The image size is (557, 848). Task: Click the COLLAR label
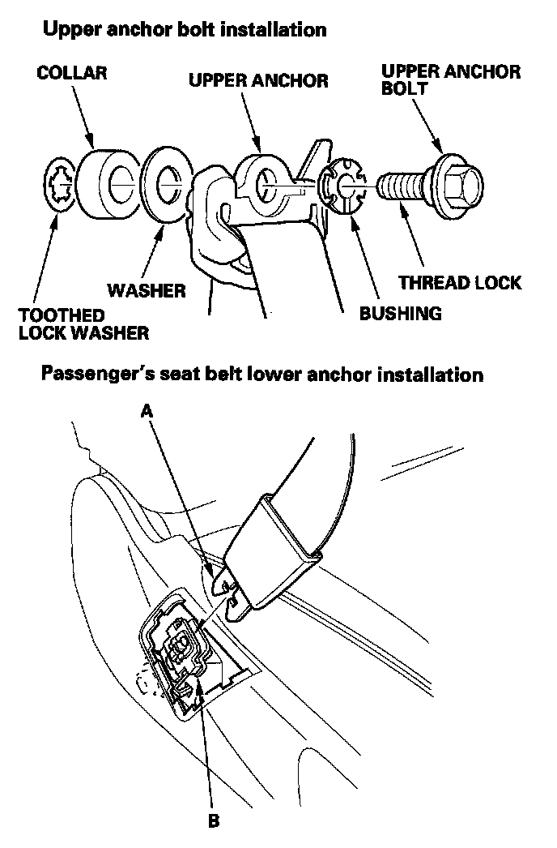point(72,73)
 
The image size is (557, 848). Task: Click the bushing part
point(341,189)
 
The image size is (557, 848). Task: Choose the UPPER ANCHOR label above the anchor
point(258,80)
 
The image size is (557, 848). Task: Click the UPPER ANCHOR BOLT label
point(451,79)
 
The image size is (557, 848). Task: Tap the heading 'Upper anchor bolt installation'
point(185,30)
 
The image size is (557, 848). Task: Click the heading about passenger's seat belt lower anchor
point(262,375)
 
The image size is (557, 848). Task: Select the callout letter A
point(147,411)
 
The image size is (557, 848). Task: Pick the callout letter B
point(213,820)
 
